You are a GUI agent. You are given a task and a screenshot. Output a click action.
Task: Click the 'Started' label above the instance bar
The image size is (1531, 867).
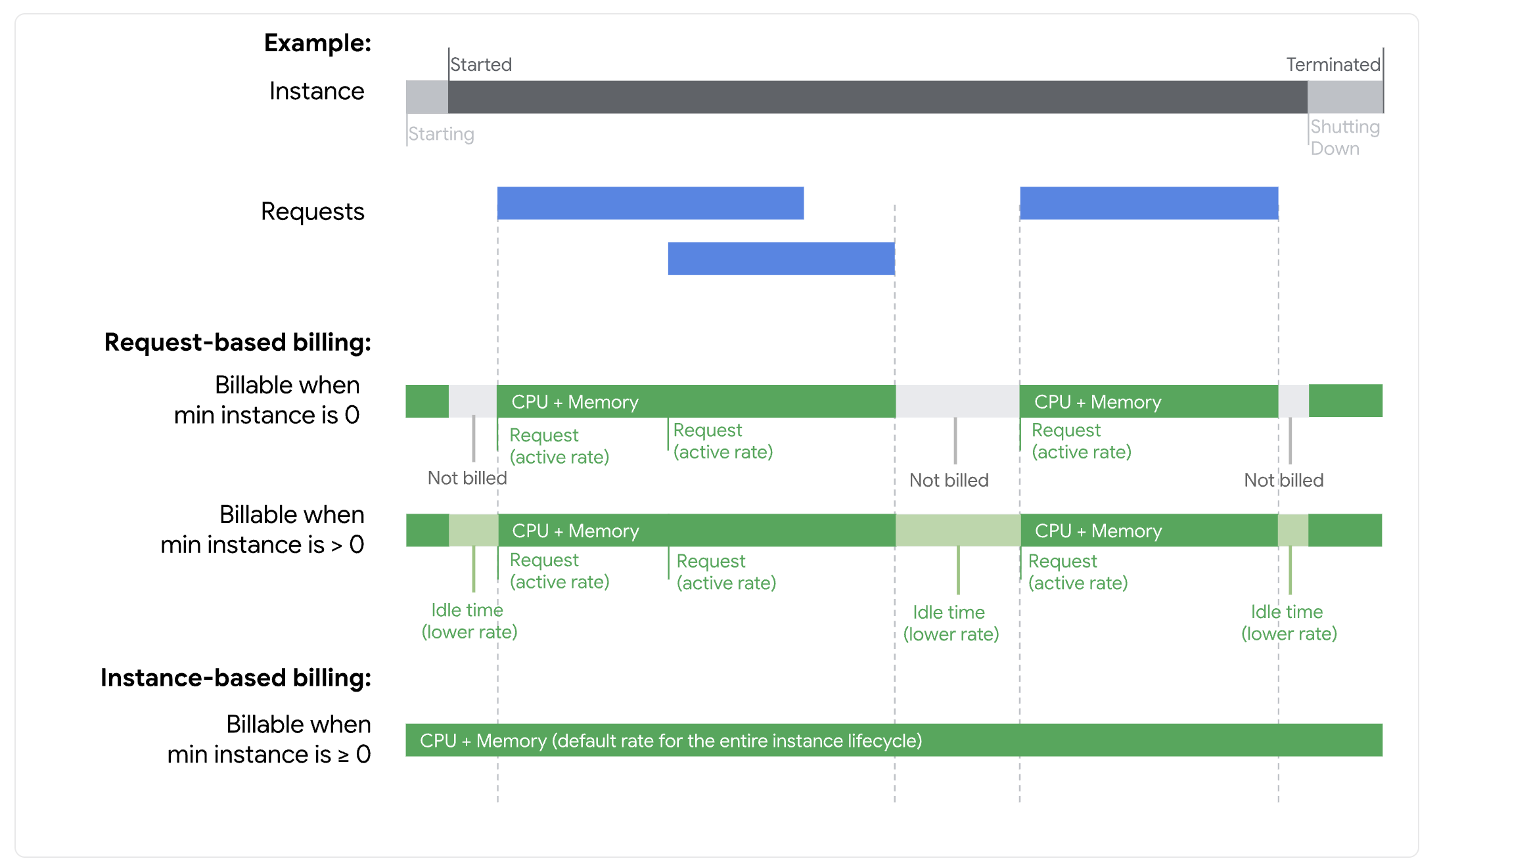[481, 64]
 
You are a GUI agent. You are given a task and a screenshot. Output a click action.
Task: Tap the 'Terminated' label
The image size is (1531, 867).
[1333, 64]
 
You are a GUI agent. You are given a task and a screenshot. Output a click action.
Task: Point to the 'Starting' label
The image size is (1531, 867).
[441, 134]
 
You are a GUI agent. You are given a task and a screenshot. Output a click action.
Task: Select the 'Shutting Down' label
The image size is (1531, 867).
[1344, 137]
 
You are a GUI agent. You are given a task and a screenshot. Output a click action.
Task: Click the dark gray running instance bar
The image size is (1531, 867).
[877, 97]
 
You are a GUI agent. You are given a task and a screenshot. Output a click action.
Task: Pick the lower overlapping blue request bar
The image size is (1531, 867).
[781, 259]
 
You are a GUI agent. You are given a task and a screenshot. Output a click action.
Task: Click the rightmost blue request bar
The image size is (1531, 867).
[1149, 203]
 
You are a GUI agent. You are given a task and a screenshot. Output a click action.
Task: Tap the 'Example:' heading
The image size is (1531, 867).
[317, 43]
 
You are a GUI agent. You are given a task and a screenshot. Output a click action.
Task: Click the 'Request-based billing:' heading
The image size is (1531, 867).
[237, 342]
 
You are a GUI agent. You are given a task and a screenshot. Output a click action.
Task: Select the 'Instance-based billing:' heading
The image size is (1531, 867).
[235, 678]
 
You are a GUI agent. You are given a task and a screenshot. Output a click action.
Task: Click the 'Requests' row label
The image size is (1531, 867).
[312, 211]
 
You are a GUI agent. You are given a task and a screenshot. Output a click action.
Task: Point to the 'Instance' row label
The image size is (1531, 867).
[317, 91]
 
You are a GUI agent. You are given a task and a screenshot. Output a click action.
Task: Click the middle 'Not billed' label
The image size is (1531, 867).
[948, 480]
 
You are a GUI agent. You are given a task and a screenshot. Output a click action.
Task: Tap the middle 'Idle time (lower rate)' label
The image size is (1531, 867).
[950, 623]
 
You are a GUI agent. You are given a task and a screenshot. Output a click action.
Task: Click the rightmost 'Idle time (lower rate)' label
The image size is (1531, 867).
[1288, 622]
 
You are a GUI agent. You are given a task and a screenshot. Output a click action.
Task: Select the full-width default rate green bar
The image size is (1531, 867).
[894, 740]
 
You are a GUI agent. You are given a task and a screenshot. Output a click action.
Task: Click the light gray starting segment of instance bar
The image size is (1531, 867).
[427, 97]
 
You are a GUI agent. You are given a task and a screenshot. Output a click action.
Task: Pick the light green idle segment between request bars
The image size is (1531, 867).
[957, 530]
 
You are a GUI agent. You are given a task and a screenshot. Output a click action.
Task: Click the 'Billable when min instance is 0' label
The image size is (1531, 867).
[267, 400]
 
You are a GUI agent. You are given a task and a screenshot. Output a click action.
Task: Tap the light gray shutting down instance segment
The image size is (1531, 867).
[1344, 97]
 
